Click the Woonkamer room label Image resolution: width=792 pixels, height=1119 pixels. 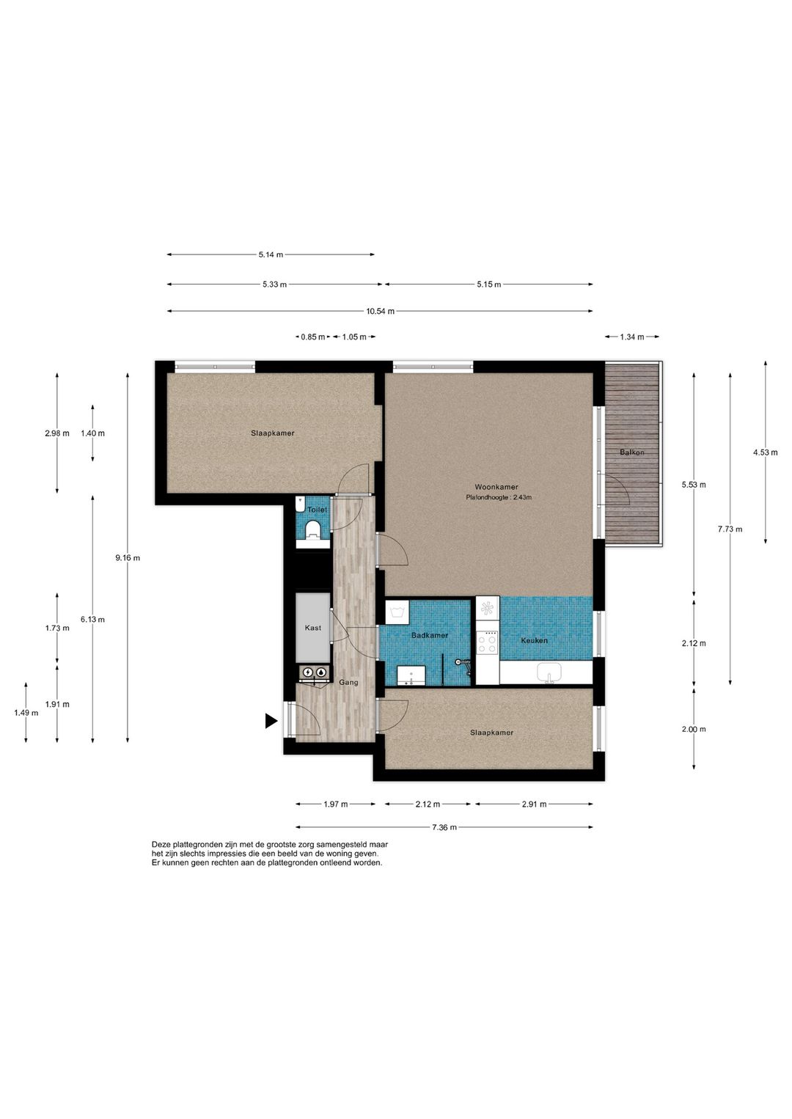(x=496, y=487)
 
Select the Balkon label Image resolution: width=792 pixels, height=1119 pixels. (x=631, y=452)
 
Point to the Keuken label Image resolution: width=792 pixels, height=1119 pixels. (x=534, y=640)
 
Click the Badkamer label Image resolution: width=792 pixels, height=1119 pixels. (x=429, y=636)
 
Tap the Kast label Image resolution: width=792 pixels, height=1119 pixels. (x=313, y=628)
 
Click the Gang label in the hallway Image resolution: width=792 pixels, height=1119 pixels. (x=348, y=683)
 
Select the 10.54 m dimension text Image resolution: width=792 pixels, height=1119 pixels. (x=380, y=311)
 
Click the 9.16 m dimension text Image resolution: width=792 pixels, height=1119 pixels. (x=128, y=558)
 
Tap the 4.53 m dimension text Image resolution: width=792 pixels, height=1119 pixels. (x=765, y=452)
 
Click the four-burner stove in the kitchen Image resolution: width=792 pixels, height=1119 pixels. (x=487, y=642)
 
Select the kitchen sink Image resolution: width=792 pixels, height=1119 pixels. (x=549, y=673)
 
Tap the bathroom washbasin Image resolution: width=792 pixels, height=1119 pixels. (x=411, y=675)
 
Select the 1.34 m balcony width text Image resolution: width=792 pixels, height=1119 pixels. (x=631, y=337)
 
